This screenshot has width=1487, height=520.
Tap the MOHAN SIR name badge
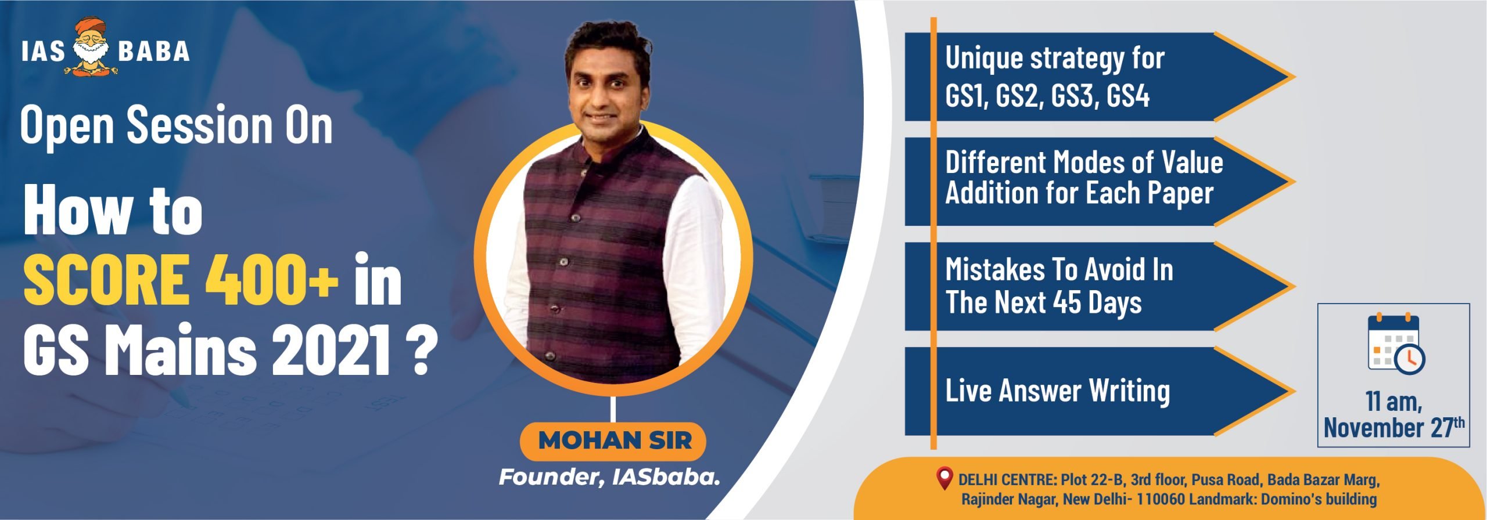(x=612, y=441)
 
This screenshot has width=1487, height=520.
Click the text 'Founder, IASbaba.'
(x=609, y=478)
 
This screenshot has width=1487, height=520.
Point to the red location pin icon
(x=945, y=478)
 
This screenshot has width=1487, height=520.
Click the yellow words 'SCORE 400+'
(x=180, y=280)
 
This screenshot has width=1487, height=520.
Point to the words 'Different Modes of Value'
(x=1084, y=162)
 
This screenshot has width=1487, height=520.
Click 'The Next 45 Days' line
(x=1043, y=302)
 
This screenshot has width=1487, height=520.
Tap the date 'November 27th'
(x=1394, y=428)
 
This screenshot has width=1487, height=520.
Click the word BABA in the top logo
(x=154, y=51)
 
